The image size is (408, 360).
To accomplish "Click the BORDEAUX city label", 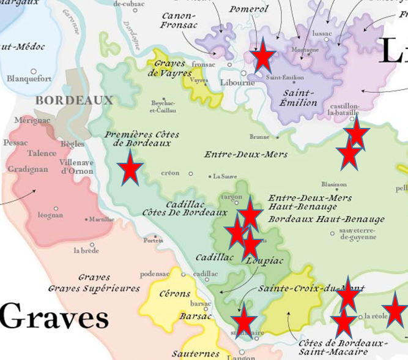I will coord(75,100).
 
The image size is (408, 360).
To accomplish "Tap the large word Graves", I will coord(54,317).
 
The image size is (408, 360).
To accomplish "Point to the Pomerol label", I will coord(248,9).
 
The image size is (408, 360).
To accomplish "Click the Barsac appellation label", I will coord(195,317).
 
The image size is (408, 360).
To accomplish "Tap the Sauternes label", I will coord(195,353).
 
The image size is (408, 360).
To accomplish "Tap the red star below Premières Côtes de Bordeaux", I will coord(130,168).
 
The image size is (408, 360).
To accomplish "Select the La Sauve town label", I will coord(225,176).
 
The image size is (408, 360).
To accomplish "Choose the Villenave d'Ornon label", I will coord(75,167).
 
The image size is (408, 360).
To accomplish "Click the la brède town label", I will coord(86,250).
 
